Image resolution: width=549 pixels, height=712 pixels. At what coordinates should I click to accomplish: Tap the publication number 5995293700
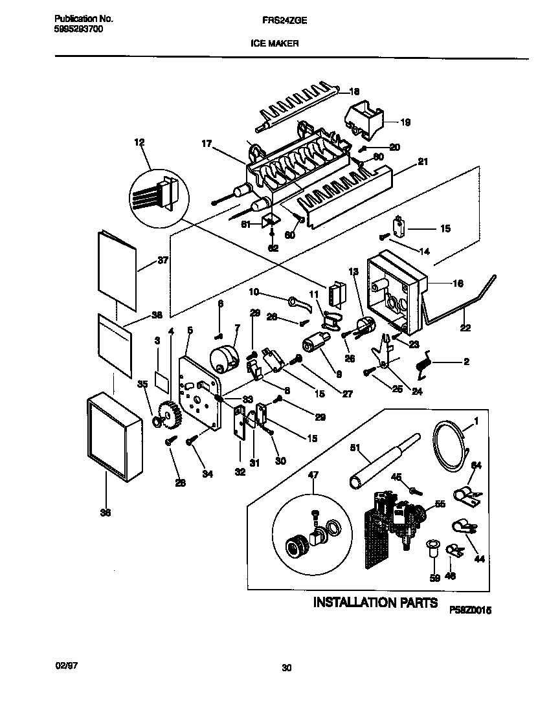[x=77, y=30]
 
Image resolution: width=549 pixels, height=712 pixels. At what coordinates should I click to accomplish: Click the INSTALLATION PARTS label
[x=375, y=603]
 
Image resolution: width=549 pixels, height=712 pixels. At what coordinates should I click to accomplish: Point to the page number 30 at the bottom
[x=287, y=668]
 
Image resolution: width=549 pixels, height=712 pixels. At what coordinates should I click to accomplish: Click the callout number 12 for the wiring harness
[x=139, y=142]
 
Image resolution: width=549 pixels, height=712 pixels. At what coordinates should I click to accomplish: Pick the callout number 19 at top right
[x=405, y=122]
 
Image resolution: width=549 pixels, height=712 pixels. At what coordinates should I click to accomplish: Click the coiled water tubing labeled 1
[x=447, y=443]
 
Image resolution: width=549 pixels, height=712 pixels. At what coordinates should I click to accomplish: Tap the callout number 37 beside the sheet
[x=162, y=261]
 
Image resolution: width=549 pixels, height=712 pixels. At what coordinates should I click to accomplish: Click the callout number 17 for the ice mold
[x=207, y=144]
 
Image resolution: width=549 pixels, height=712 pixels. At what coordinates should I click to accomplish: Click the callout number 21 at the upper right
[x=423, y=161]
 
